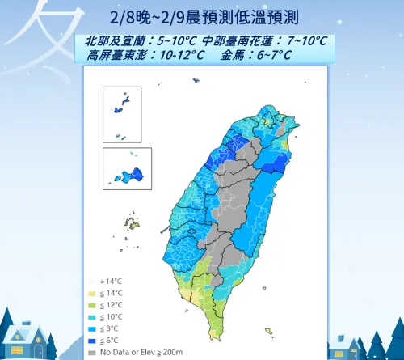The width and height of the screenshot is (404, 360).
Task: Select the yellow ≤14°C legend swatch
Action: point(91,292)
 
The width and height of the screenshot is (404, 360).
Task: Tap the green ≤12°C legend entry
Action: point(91,304)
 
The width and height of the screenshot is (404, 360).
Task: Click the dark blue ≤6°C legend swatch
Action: point(91,341)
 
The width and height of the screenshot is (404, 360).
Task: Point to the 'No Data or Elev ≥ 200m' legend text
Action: point(133,352)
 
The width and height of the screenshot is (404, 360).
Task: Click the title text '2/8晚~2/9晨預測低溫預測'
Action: point(202,17)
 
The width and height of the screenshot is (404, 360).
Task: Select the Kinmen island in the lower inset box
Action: point(129,174)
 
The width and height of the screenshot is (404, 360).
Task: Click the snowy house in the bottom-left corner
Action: point(24,336)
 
